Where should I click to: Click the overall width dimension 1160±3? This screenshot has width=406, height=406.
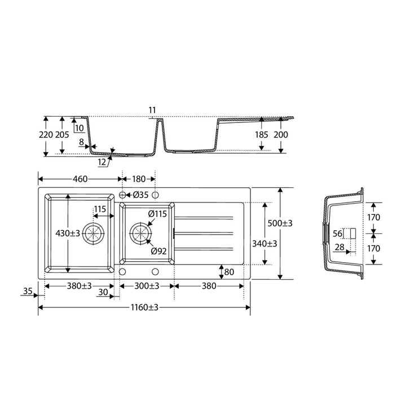[144, 307]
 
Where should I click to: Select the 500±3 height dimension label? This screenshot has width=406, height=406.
[280, 223]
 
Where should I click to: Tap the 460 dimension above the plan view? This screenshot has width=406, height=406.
[80, 179]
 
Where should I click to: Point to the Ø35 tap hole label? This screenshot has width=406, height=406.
[140, 195]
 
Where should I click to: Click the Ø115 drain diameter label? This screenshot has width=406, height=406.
[157, 214]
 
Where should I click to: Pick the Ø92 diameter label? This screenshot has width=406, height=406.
[158, 251]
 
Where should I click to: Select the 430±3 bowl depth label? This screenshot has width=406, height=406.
[68, 233]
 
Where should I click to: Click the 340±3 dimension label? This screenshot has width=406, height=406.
[264, 244]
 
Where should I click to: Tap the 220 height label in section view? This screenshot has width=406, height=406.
[46, 135]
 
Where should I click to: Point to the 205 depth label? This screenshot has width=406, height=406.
[62, 135]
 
